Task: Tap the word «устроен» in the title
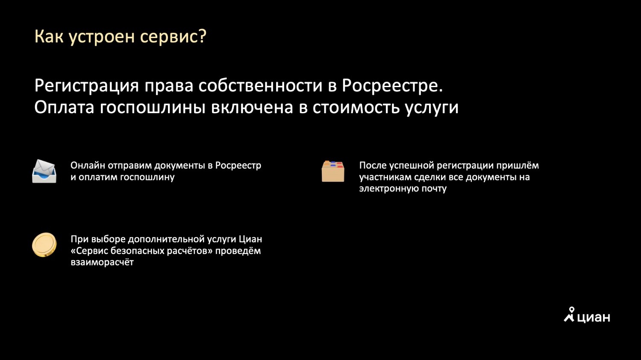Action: point(102,38)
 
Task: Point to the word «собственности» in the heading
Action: point(261,85)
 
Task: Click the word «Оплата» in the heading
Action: point(64,108)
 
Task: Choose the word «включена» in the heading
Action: point(252,108)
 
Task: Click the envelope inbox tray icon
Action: point(44,171)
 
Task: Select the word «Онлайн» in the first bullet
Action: point(88,165)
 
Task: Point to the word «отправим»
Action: point(129,166)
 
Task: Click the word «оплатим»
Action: point(98,177)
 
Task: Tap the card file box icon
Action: point(333,171)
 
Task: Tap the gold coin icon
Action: point(44,245)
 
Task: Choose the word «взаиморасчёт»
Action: point(102,262)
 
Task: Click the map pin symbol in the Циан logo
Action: point(572,310)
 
